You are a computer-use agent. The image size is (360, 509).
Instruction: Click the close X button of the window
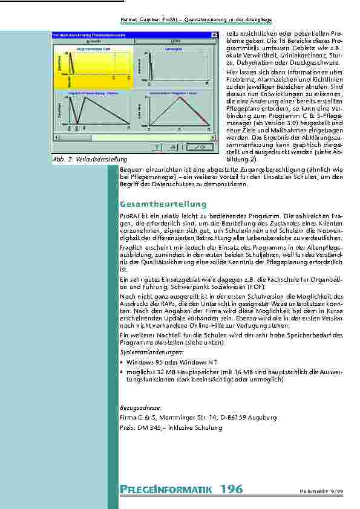[x=213, y=36]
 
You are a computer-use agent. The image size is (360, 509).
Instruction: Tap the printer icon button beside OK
[x=173, y=146]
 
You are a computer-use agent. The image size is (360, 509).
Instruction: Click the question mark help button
[x=157, y=146]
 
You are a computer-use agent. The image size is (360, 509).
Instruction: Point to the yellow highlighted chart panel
[x=93, y=66]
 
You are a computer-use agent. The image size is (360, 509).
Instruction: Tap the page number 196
[x=231, y=489]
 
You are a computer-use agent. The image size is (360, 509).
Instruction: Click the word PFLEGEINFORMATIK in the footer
[x=164, y=490]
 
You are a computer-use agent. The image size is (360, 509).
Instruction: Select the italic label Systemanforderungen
[x=143, y=351]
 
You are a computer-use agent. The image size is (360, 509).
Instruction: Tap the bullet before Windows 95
[x=122, y=361]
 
